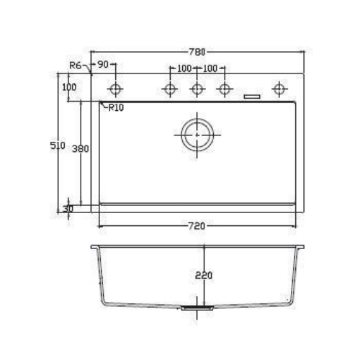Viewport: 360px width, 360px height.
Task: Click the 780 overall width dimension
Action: pos(197,52)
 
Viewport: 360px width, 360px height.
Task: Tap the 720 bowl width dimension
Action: pos(197,226)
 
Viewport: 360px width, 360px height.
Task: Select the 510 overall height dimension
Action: pos(58,145)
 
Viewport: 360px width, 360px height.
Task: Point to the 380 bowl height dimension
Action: pos(81,149)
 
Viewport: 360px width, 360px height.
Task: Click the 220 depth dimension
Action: pos(204,275)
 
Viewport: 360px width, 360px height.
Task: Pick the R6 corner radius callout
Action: pos(76,66)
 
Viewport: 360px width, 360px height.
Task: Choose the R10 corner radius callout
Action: pos(116,108)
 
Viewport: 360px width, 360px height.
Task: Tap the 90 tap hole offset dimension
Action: pos(103,64)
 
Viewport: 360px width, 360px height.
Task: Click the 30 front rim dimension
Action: pos(68,209)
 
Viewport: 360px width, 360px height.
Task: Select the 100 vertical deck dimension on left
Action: pos(69,87)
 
